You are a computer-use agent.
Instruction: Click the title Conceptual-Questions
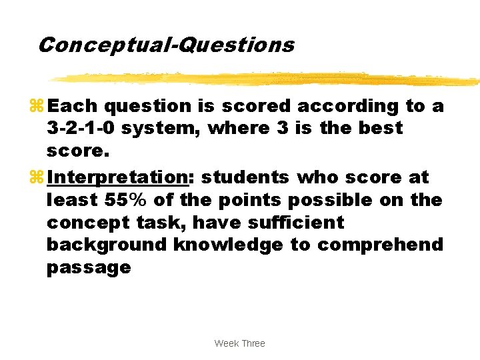[x=165, y=45]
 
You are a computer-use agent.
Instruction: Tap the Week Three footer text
[x=239, y=343]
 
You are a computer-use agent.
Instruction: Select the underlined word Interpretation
[x=119, y=177]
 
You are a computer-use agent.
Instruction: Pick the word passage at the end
[x=89, y=268]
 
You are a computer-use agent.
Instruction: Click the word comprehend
[x=380, y=245]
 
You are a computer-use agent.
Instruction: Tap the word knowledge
[x=228, y=245]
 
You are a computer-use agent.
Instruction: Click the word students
[x=245, y=177]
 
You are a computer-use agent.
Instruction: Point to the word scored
[x=255, y=105]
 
